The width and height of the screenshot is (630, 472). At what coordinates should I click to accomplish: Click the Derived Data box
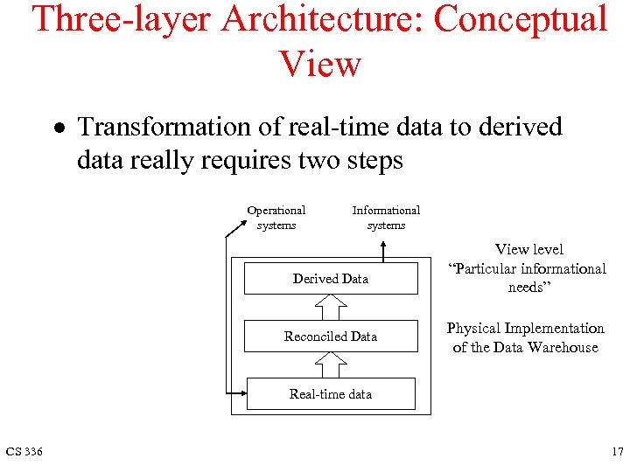pyautogui.click(x=331, y=279)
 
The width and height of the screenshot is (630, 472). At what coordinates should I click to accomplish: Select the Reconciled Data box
pyautogui.click(x=331, y=337)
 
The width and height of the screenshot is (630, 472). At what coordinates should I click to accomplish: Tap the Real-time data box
pyautogui.click(x=331, y=394)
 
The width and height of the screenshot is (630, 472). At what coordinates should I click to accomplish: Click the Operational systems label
pyautogui.click(x=276, y=218)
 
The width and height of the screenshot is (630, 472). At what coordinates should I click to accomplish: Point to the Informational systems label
pyautogui.click(x=386, y=218)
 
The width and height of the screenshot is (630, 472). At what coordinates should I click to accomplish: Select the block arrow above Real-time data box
pyautogui.click(x=331, y=364)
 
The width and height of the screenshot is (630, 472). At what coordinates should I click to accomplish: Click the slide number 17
pyautogui.click(x=618, y=452)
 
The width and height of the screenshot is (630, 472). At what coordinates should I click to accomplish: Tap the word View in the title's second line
pyautogui.click(x=319, y=64)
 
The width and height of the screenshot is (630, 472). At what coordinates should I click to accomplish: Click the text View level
pyautogui.click(x=529, y=250)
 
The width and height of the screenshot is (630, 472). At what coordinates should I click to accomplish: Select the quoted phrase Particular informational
pyautogui.click(x=527, y=268)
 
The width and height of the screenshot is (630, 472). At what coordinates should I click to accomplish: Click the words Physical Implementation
pyautogui.click(x=525, y=329)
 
